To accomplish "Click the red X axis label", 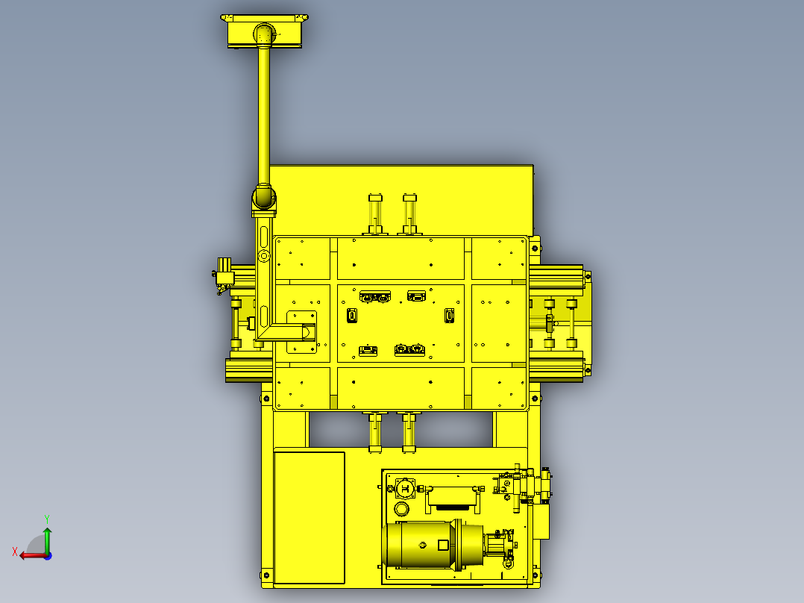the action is [x=14, y=552].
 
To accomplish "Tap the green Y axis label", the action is [x=47, y=519].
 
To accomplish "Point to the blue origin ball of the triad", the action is [x=48, y=556].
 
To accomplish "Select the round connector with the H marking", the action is [x=405, y=488].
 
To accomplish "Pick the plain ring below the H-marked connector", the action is [x=401, y=509].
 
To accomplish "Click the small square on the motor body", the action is [x=443, y=545].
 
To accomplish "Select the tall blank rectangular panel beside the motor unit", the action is [x=310, y=517].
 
